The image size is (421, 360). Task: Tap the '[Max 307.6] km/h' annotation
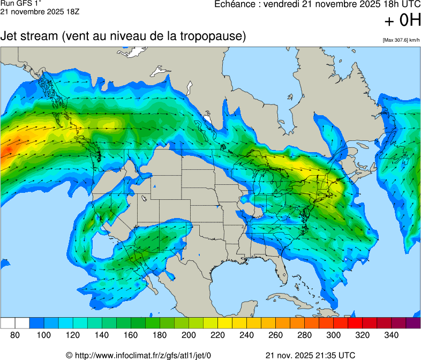[401, 40]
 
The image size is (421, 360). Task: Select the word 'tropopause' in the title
[214, 37]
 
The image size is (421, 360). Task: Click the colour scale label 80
[15, 335]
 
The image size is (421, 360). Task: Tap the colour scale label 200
[189, 335]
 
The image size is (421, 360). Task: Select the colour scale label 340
[392, 335]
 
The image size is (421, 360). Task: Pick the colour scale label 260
[275, 335]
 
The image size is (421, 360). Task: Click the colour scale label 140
[102, 335]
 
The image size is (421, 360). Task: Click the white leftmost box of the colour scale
[7, 323]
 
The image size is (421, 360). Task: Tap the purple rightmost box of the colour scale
[413, 323]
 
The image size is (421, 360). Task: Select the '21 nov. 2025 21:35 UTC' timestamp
[310, 355]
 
